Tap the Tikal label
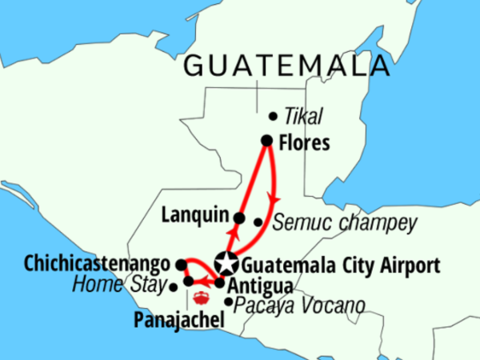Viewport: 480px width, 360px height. click(307, 118)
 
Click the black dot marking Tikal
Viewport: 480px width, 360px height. click(274, 115)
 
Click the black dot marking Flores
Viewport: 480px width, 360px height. click(267, 142)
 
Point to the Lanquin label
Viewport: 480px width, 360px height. click(196, 215)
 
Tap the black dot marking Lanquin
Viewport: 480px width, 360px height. click(238, 217)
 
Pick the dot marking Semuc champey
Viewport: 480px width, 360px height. click(258, 222)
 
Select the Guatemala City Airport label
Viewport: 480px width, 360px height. click(340, 263)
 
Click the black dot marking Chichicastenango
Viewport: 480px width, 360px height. click(181, 264)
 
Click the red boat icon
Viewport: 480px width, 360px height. click(202, 299)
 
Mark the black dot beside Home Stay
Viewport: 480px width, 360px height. click(174, 286)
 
